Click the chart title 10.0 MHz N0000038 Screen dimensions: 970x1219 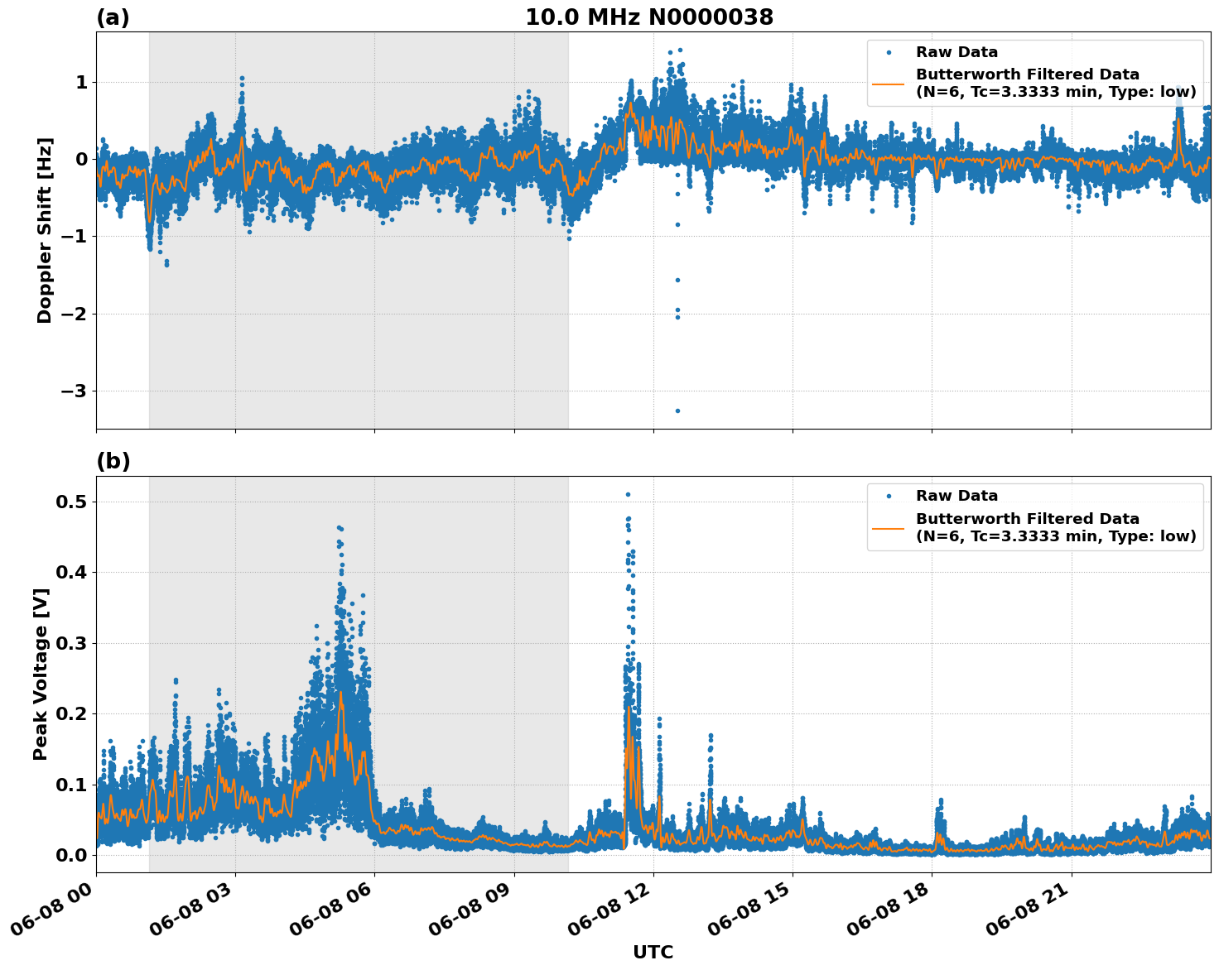649,17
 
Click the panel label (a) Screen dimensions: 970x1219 113,17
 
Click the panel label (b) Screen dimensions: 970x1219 113,461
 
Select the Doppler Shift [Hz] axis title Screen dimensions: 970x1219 45,230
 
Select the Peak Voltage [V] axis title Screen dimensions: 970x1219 41,674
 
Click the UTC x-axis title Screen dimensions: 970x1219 653,952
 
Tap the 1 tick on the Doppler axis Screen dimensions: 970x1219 82,82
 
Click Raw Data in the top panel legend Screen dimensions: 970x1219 956,52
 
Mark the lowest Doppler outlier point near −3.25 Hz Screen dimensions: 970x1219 677,411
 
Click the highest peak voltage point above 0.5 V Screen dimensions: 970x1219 628,494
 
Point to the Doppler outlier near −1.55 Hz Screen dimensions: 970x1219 677,280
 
